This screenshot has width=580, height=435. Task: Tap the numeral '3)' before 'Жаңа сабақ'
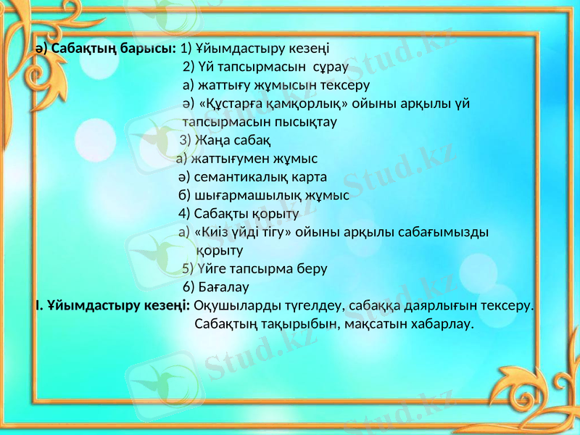pos(186,140)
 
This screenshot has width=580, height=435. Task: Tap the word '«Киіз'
pos(212,232)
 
